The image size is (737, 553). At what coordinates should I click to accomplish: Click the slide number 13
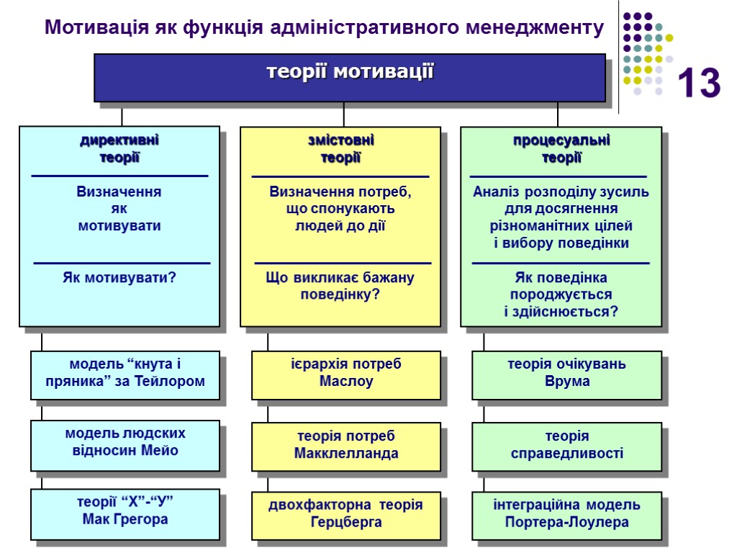pos(698,84)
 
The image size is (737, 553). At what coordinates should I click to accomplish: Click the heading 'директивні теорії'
pos(119,149)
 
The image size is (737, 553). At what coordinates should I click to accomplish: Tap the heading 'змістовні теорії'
pos(340,149)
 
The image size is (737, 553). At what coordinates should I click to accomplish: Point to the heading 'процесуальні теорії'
pos(561,149)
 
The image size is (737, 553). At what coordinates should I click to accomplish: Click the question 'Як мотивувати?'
pos(119,277)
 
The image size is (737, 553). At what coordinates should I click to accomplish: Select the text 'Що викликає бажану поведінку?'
pos(340,286)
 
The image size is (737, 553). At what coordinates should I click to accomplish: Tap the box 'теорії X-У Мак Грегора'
pos(125,512)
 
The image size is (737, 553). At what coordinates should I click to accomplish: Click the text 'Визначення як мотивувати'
pos(119,209)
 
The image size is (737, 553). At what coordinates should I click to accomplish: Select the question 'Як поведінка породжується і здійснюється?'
pos(561,295)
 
